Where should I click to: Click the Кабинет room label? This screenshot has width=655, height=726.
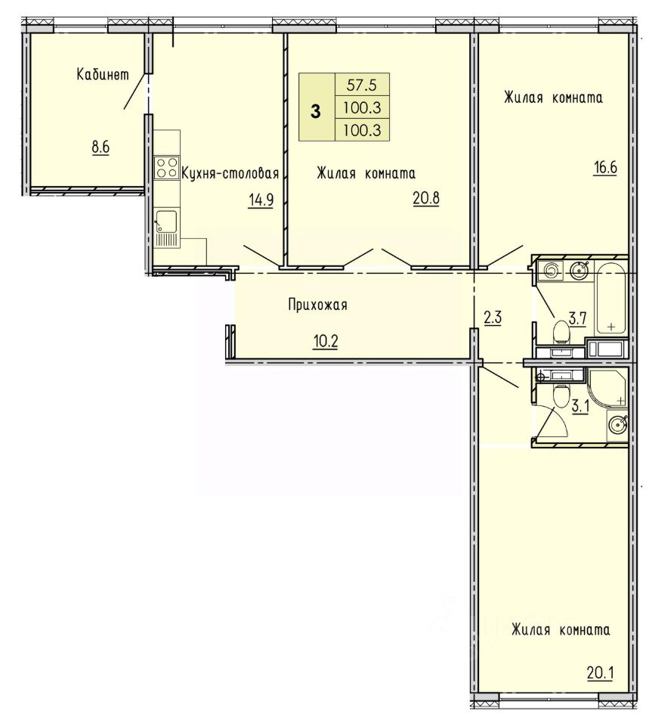click(103, 75)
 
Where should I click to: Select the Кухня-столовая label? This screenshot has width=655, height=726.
click(230, 174)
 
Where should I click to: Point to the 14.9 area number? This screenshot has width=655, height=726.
click(261, 200)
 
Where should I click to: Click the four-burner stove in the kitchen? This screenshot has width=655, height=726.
click(167, 167)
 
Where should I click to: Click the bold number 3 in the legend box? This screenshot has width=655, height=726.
click(316, 112)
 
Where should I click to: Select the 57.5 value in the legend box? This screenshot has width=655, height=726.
click(362, 85)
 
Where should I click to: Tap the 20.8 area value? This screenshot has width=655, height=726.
click(426, 198)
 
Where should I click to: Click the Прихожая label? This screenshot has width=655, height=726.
click(317, 305)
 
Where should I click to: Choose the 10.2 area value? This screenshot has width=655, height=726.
click(326, 342)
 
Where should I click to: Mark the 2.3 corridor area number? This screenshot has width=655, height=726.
click(493, 318)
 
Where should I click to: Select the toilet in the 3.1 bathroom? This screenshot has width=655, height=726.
click(561, 395)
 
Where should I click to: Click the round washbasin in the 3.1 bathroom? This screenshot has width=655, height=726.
click(616, 423)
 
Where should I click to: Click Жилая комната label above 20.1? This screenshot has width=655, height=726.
click(561, 630)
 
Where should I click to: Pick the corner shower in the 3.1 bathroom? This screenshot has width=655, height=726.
click(607, 388)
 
